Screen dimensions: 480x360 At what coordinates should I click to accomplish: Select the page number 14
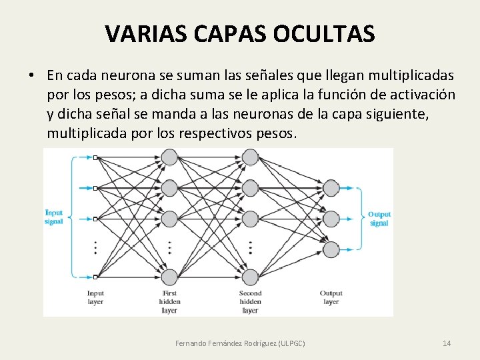point(447,343)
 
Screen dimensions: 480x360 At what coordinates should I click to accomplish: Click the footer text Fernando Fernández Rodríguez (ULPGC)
point(240,343)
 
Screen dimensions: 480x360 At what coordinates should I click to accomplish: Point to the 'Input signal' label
point(54,217)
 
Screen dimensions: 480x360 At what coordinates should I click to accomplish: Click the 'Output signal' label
point(379,219)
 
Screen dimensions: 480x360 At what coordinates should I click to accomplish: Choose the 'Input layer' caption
point(95,297)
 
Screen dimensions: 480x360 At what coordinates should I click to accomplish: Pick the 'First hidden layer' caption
point(169,301)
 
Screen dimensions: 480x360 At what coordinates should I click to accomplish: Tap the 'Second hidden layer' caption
point(250,301)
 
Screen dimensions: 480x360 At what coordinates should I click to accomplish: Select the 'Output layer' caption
point(331,297)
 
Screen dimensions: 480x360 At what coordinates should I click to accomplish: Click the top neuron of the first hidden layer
point(170,157)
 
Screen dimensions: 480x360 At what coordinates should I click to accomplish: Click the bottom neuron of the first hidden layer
point(170,277)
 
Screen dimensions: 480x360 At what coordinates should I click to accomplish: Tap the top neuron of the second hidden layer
point(250,157)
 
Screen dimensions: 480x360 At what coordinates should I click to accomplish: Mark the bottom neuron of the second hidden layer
point(250,277)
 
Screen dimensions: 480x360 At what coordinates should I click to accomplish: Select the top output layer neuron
point(331,188)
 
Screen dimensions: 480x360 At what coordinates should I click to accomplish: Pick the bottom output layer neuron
point(331,249)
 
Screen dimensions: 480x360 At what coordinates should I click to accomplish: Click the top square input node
point(95,158)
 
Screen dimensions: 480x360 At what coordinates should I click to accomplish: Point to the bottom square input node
point(95,277)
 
